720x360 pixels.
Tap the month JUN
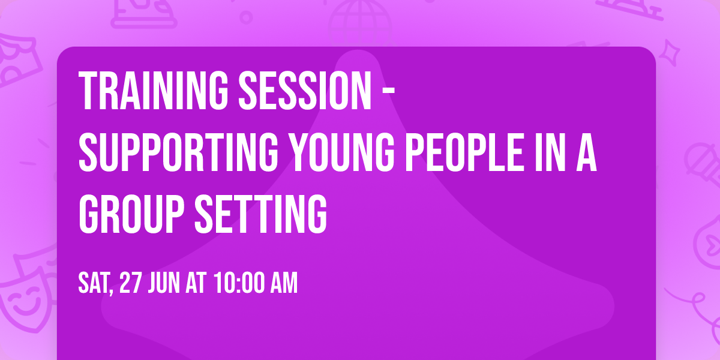[x=164, y=283]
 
